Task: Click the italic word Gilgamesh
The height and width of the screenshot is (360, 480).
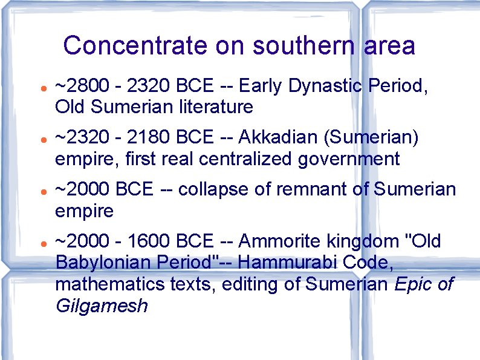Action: pyautogui.click(x=101, y=306)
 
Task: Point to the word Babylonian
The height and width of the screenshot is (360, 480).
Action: pyautogui.click(x=100, y=263)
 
